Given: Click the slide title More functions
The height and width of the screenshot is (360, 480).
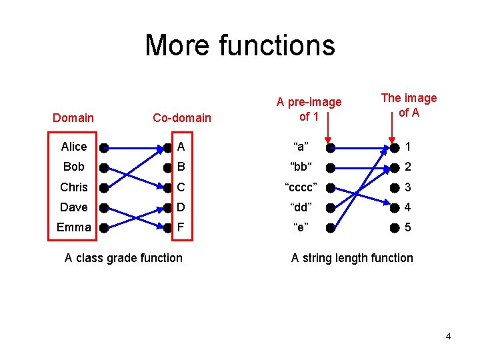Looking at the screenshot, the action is coord(240,45).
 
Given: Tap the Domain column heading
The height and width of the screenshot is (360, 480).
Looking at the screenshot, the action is coord(73,118).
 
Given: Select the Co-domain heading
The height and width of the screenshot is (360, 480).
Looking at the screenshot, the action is coord(181,118).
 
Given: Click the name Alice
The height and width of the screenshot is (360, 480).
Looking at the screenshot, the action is coord(73,147).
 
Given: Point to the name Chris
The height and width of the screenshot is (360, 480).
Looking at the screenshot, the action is coord(73,187).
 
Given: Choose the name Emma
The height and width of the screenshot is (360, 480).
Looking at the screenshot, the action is coord(73,227).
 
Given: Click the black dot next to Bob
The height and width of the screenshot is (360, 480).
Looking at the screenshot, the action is coord(103,167).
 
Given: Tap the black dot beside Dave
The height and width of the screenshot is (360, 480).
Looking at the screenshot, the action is coord(103,207).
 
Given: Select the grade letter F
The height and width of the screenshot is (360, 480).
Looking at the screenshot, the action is coord(181,227).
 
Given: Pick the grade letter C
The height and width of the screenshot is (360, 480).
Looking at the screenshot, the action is coord(181,187).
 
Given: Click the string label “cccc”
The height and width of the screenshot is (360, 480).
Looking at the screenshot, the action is coord(301,187).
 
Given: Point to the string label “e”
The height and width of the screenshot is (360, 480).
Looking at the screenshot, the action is coord(301,227).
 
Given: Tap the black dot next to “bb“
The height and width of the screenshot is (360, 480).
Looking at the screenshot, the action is coord(331,167).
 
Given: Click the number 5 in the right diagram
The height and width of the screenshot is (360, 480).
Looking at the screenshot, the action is coord(408,227).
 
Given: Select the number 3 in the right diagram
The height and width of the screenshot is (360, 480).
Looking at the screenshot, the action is coord(408,187).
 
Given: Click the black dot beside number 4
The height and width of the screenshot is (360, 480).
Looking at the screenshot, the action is coord(394,207).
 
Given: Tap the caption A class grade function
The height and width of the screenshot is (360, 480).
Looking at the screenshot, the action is coord(123,258).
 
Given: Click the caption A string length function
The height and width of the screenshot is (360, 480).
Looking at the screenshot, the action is coord(352,258).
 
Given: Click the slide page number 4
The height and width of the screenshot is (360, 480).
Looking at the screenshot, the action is coord(448,336).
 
